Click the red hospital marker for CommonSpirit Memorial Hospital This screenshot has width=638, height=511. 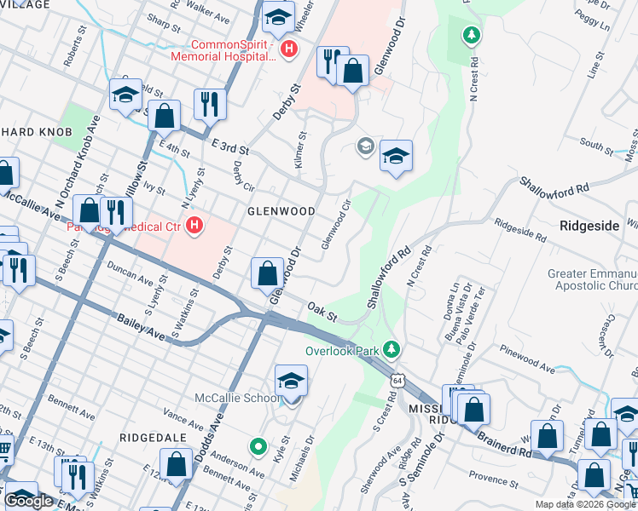289,49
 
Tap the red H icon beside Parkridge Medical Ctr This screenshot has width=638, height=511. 194,227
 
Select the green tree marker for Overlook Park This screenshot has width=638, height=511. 391,349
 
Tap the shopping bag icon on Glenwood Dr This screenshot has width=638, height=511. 268,274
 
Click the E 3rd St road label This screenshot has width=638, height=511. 228,147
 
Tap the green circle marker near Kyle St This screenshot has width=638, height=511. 257,445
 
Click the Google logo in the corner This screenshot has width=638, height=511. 30,502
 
